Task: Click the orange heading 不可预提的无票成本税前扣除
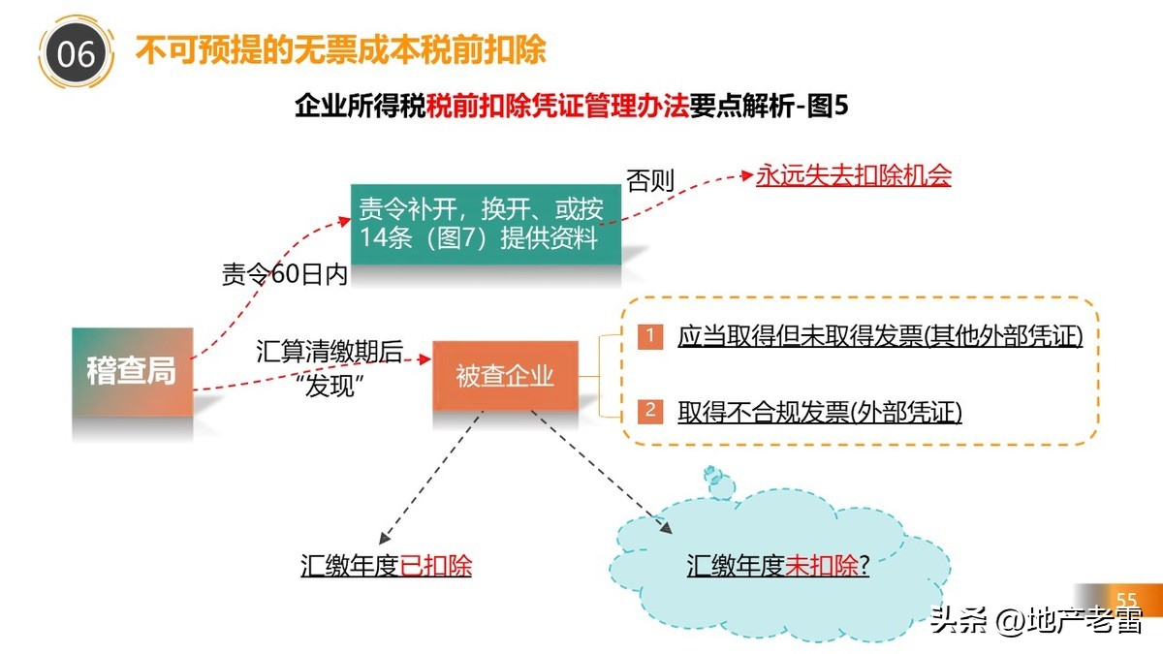click(x=340, y=49)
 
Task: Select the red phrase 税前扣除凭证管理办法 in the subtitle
click(x=557, y=106)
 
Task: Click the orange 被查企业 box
click(x=505, y=376)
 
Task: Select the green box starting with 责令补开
click(x=486, y=224)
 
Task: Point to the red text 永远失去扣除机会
click(x=854, y=175)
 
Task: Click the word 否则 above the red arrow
click(x=649, y=181)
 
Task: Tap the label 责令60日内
click(x=284, y=275)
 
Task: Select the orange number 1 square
click(x=650, y=336)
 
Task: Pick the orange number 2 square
click(x=650, y=411)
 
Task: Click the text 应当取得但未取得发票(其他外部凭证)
click(x=880, y=337)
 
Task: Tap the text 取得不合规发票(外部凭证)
click(x=820, y=412)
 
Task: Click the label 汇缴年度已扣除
click(x=386, y=566)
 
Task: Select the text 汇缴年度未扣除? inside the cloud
click(x=777, y=566)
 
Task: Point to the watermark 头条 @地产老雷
click(x=1036, y=620)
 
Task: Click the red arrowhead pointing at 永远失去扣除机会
click(x=746, y=176)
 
